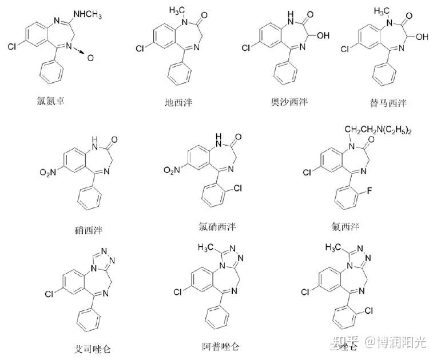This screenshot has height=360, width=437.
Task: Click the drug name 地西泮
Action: click(x=180, y=103)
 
